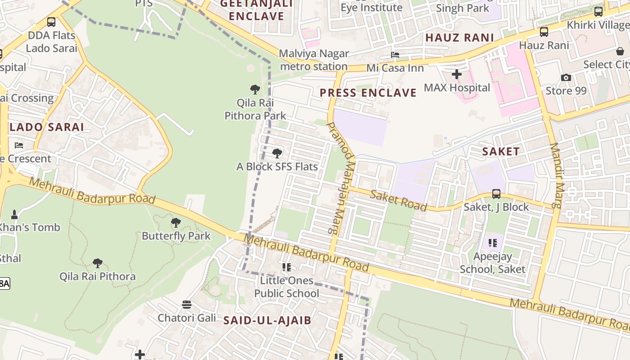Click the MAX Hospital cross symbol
[457, 74]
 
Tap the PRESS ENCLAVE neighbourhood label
[368, 93]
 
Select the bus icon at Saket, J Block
[496, 194]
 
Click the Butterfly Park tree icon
[176, 222]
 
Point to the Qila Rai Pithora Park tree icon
[255, 89]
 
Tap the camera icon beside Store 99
[566, 78]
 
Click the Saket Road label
[398, 200]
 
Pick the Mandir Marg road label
[557, 175]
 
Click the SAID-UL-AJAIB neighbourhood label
[267, 320]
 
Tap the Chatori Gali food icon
[187, 305]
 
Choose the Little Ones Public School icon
[286, 267]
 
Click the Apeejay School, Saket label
[492, 263]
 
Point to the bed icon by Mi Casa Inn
[395, 55]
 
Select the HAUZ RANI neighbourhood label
[459, 38]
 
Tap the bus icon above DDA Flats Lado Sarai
[51, 22]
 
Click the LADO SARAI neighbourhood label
[47, 127]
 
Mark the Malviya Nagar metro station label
[314, 60]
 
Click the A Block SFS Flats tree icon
[277, 153]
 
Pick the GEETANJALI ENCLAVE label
[256, 10]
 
